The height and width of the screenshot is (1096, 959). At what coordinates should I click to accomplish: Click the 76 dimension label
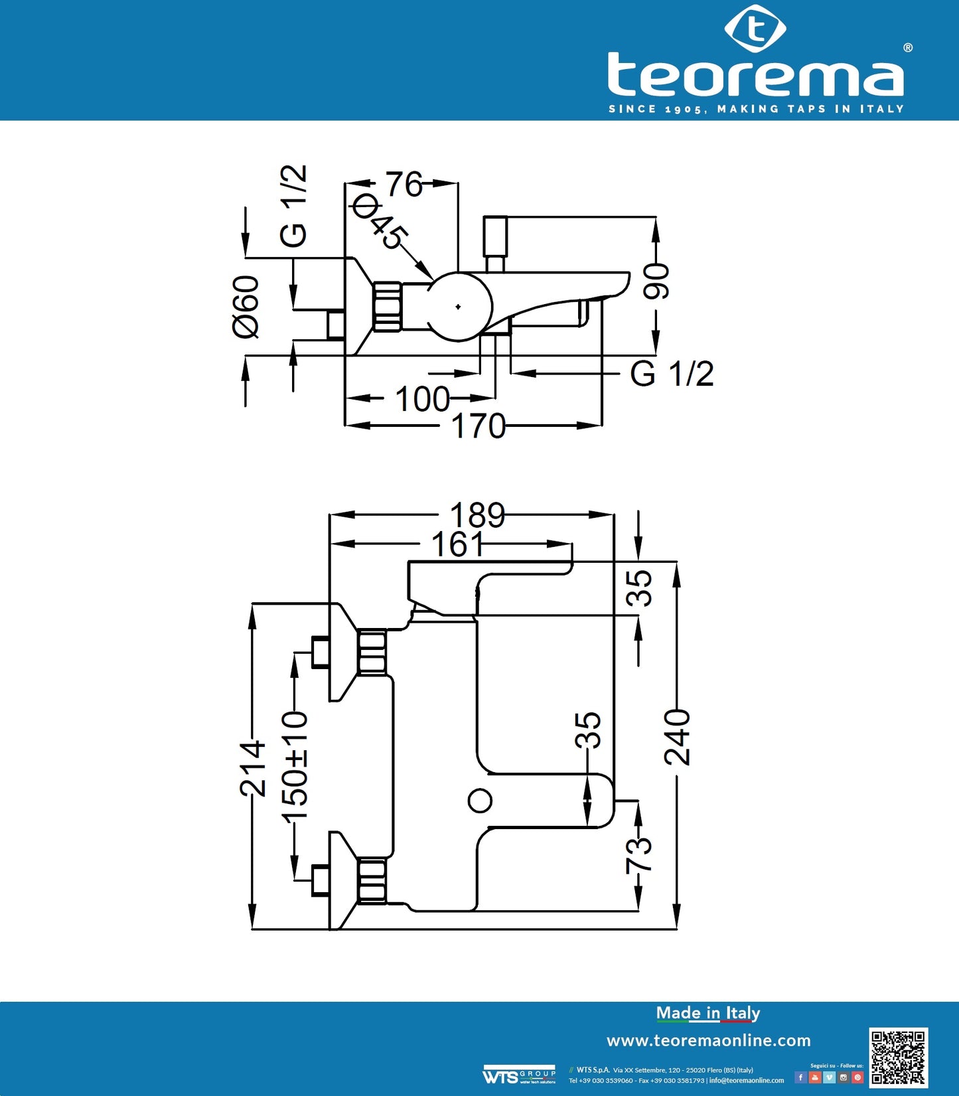click(x=404, y=184)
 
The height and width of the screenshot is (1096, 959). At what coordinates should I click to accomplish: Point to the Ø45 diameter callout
click(x=380, y=222)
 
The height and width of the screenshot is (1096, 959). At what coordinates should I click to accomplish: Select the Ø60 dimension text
click(x=246, y=307)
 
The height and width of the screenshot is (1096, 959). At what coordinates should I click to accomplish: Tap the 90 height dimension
click(x=656, y=281)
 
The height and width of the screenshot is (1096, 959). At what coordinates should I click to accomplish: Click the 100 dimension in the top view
click(x=422, y=399)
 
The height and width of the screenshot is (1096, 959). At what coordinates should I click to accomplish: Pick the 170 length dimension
click(x=478, y=426)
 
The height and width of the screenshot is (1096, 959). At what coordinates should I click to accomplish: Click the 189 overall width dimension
click(x=477, y=514)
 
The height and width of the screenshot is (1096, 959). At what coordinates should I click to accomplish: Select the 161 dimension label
click(x=458, y=544)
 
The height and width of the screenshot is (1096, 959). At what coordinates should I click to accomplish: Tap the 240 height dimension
click(x=678, y=737)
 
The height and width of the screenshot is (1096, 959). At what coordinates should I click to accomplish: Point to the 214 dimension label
click(x=253, y=769)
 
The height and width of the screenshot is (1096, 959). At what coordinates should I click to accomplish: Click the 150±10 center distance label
click(x=295, y=767)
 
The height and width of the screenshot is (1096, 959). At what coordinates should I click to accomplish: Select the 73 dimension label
click(x=639, y=855)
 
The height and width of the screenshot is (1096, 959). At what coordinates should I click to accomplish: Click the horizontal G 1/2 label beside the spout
click(x=672, y=374)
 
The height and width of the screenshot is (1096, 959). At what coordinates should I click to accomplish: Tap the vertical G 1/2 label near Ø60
click(x=293, y=206)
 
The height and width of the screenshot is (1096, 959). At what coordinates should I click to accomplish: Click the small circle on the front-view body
click(x=480, y=801)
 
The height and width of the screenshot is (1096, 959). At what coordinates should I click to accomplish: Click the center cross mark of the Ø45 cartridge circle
click(x=458, y=307)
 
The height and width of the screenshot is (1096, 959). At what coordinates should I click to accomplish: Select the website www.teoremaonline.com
click(x=708, y=1040)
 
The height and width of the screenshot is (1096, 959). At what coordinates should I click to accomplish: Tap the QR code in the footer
click(x=898, y=1057)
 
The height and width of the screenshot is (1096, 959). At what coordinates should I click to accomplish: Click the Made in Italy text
click(x=707, y=1013)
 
